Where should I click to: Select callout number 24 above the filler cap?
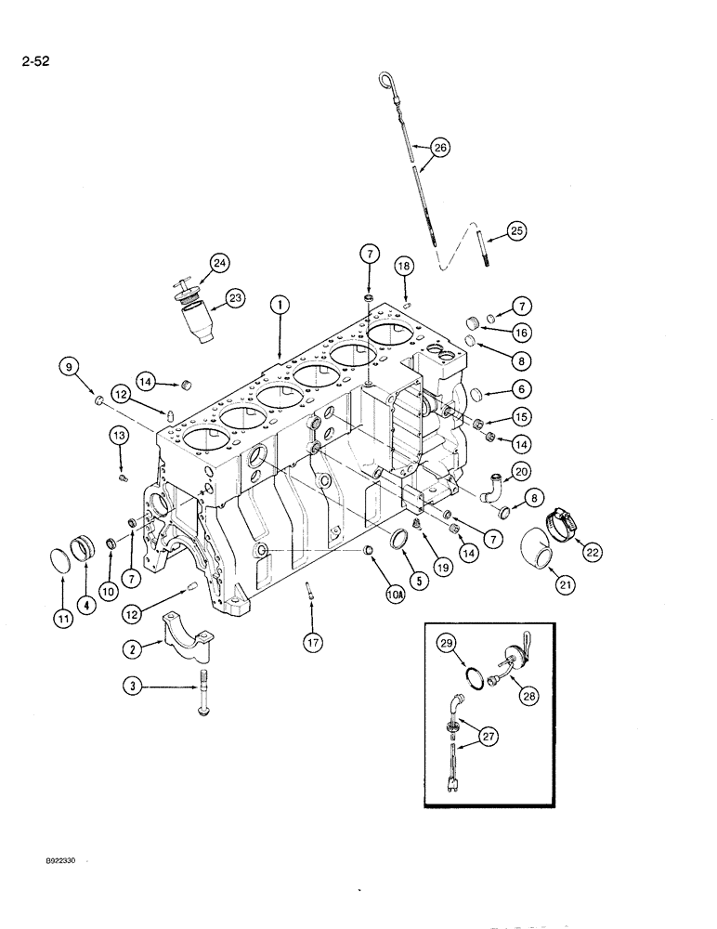(x=218, y=264)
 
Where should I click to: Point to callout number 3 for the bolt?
(x=137, y=687)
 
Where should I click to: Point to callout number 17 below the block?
(x=311, y=640)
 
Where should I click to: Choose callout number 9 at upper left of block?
(x=68, y=368)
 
